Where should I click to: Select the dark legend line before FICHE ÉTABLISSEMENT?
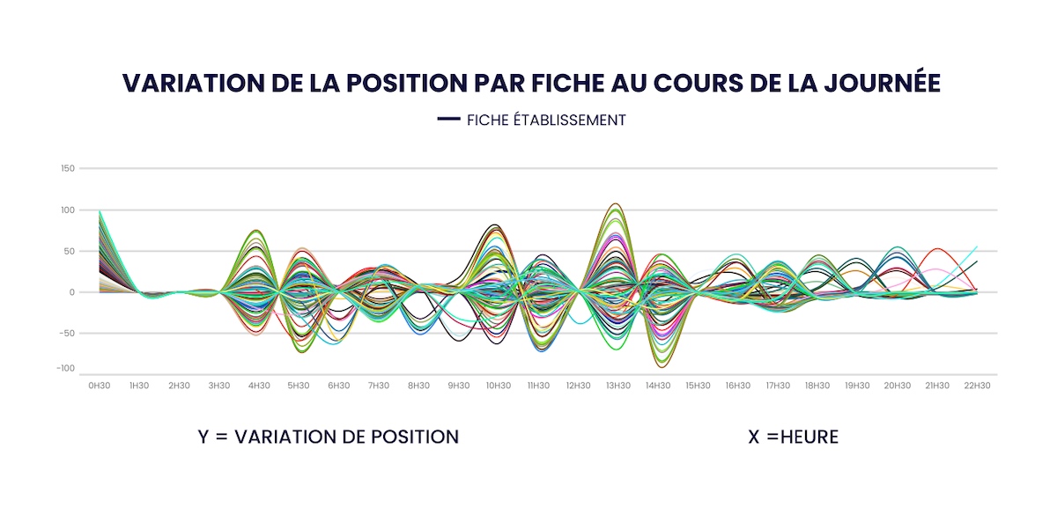[449, 119]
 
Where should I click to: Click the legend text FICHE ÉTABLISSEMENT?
[546, 120]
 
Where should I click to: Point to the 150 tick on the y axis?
[67, 168]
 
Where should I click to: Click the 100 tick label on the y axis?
[67, 210]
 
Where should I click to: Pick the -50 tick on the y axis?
[67, 333]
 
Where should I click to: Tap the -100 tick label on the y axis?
[65, 368]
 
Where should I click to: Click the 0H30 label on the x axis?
[99, 386]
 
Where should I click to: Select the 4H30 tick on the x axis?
[259, 386]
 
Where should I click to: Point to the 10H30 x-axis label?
[498, 386]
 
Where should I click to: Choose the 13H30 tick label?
[617, 386]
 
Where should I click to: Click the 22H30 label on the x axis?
[976, 386]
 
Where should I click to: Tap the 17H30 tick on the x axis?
[777, 386]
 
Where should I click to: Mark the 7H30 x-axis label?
[379, 386]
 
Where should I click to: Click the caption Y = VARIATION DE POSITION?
[329, 437]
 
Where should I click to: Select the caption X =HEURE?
[793, 437]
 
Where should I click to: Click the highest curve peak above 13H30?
[616, 204]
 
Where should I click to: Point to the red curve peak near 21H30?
[936, 249]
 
